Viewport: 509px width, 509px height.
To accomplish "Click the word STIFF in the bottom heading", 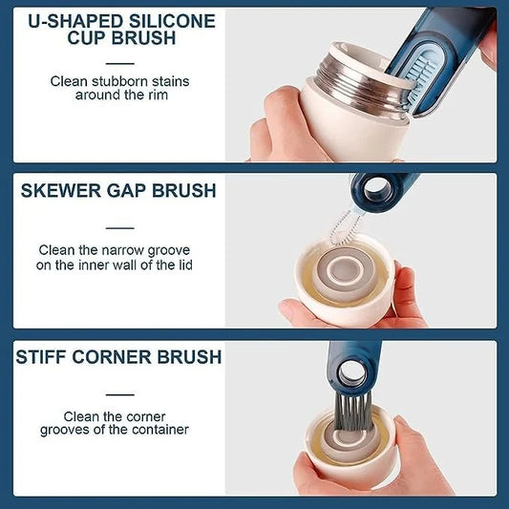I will coord(43,357).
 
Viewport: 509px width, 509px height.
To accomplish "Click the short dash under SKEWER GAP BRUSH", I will coord(118,227).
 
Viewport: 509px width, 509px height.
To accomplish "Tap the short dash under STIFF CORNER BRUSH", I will coord(118,393).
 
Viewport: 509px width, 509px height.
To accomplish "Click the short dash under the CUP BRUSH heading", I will coord(118,59).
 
